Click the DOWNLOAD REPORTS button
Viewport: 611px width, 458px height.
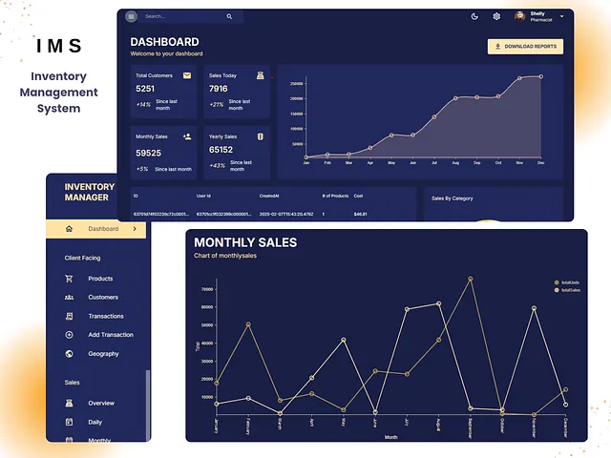(525, 46)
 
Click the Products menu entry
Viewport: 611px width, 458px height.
(100, 279)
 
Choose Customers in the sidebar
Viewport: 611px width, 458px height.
(103, 298)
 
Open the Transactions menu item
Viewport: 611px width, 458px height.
(106, 316)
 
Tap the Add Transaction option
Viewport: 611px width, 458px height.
(111, 335)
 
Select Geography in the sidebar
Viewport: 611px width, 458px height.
(103, 354)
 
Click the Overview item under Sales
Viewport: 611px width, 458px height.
(101, 404)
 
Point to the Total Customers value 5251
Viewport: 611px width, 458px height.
(145, 89)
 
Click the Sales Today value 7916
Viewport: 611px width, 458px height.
(219, 89)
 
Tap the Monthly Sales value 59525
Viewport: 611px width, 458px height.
(148, 153)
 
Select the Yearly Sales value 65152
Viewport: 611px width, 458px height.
(221, 150)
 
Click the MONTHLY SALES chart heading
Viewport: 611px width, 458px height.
(244, 243)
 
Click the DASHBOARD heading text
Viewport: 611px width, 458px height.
(164, 42)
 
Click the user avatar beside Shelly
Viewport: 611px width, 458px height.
(520, 16)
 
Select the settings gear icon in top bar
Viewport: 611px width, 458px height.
(496, 16)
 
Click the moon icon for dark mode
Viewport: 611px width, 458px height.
(475, 16)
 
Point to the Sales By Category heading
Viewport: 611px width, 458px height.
(453, 198)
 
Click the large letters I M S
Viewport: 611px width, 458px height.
(59, 46)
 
